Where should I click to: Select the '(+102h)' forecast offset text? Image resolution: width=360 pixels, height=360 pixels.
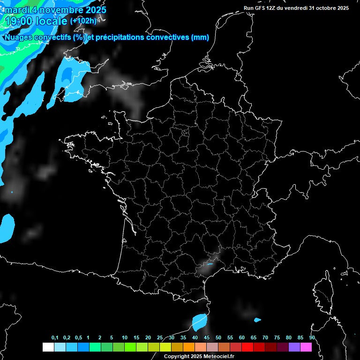83,21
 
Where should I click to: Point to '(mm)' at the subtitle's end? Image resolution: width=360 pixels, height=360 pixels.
200,37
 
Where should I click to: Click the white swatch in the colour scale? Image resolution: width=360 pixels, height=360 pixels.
48,347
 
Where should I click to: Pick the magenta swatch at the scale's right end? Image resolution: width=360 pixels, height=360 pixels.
306,347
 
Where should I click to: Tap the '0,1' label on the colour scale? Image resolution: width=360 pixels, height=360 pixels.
55,338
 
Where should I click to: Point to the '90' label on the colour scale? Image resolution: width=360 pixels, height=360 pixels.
312,338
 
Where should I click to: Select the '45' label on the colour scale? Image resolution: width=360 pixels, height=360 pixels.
207,338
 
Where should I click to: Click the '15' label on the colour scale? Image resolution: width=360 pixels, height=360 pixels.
136,338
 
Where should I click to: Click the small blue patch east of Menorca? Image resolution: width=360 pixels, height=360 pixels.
257,320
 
